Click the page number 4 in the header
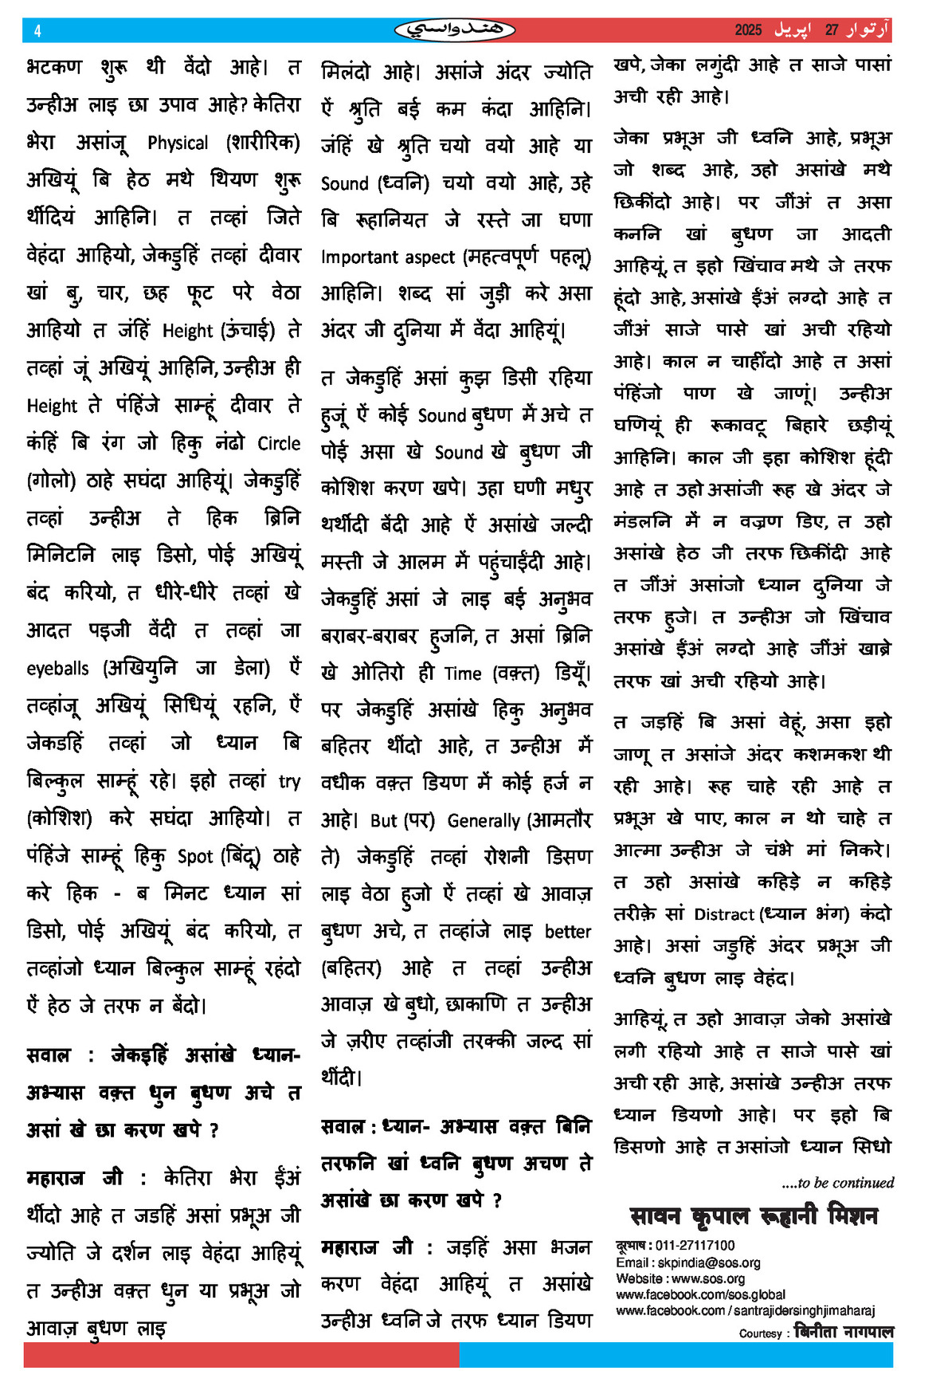click(x=37, y=31)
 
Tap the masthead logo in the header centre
click(x=455, y=30)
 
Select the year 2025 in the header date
click(x=748, y=30)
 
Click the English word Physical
click(x=178, y=143)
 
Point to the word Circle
click(x=279, y=443)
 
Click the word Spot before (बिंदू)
click(x=195, y=857)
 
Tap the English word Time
click(x=463, y=673)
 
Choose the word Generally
click(x=484, y=820)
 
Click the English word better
click(x=567, y=931)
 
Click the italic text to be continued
click(x=838, y=1183)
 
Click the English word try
click(x=289, y=782)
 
